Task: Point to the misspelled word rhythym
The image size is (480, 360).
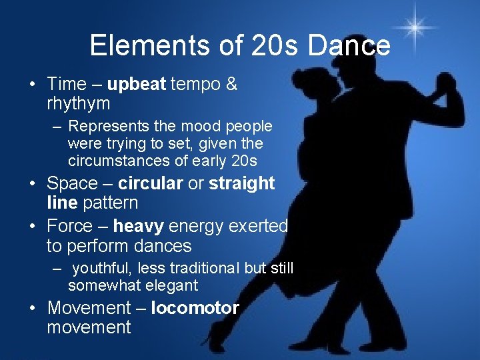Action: coord(78,104)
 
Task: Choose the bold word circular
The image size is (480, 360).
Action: coord(150,183)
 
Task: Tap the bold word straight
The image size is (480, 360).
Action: coord(242,183)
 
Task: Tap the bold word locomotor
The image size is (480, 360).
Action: coord(195,308)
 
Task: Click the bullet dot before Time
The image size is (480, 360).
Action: coord(31,85)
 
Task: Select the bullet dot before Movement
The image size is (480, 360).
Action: coord(31,309)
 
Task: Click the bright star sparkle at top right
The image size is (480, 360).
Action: coord(415,27)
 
